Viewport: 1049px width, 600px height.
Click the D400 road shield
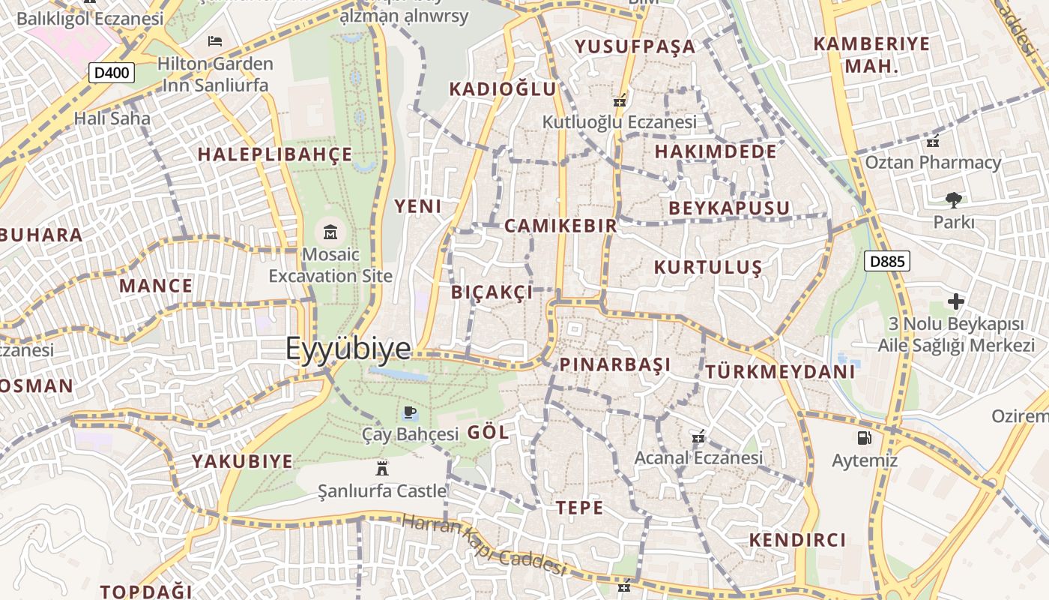click(112, 73)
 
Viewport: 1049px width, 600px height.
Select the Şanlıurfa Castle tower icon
click(382, 469)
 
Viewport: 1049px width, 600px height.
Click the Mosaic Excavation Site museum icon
click(330, 231)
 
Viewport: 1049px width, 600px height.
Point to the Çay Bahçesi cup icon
click(409, 412)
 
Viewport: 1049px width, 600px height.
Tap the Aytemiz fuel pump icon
click(864, 437)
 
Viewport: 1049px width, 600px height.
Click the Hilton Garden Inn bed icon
click(215, 40)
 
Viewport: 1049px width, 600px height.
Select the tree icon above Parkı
click(953, 199)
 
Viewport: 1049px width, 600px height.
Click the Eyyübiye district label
click(348, 349)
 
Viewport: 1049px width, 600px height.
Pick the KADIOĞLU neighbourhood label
click(503, 89)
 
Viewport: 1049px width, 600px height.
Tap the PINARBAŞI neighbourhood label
click(615, 365)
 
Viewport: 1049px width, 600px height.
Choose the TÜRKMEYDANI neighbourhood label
click(780, 371)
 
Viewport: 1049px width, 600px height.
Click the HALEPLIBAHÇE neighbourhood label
click(274, 154)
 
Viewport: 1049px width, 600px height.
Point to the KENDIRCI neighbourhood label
click(797, 540)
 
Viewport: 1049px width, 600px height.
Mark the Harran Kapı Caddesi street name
click(483, 543)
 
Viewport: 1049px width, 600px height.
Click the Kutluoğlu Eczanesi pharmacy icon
click(620, 100)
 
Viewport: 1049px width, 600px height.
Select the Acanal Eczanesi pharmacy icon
click(698, 436)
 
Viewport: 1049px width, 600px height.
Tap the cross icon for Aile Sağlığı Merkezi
click(956, 301)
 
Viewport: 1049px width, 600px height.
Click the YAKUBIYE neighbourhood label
click(242, 461)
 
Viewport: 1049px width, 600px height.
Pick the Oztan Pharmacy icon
click(933, 140)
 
